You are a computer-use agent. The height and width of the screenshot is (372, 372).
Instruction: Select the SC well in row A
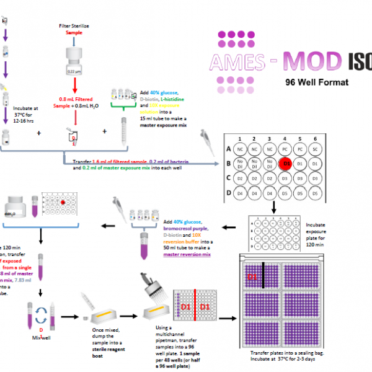[x=316, y=149]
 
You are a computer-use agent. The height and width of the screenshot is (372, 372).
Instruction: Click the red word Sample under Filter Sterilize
[x=74, y=32]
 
